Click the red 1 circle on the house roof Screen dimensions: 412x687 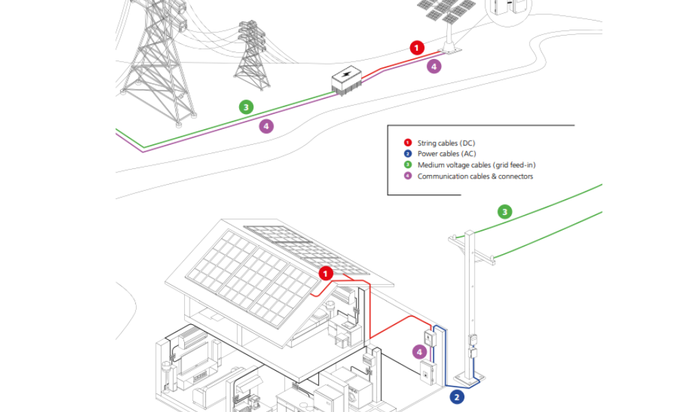326,273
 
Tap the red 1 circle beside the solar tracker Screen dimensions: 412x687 416,47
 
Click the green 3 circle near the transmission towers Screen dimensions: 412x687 246,107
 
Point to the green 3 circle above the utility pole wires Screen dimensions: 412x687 505,211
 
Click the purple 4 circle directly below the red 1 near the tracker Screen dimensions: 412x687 433,67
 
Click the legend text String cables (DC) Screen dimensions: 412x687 446,143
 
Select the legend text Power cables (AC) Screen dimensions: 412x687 447,154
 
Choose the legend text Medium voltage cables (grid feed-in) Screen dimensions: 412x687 476,165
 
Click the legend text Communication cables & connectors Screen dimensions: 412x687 475,176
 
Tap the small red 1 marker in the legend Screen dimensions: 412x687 407,143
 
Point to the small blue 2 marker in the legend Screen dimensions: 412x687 407,154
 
